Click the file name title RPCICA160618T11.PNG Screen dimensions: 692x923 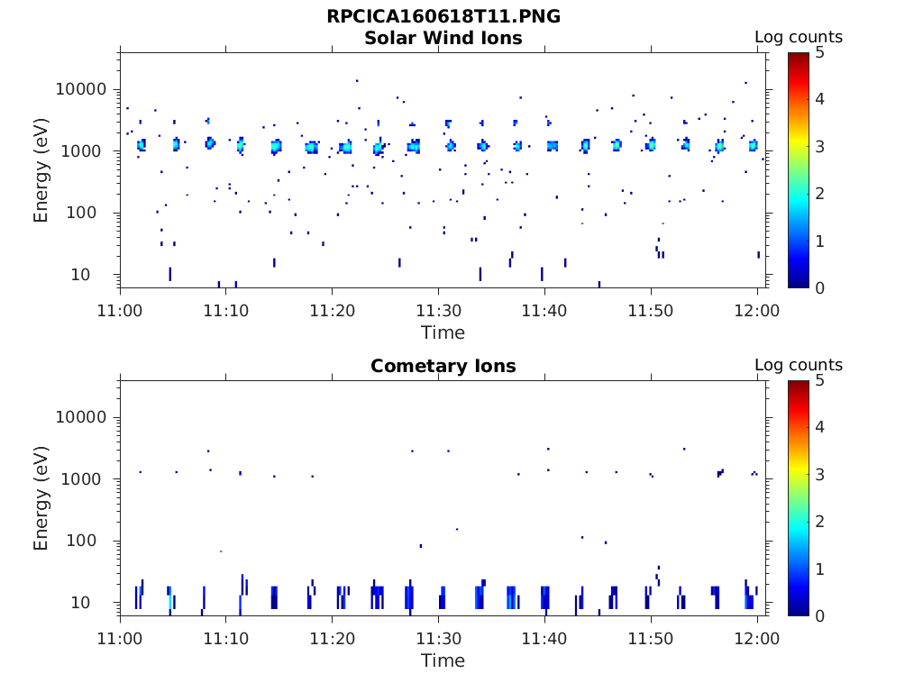tap(443, 17)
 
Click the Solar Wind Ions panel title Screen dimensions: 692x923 tap(443, 38)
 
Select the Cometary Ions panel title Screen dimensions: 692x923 tap(443, 366)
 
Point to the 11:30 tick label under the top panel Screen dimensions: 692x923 tap(438, 311)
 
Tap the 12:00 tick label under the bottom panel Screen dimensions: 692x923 tap(757, 639)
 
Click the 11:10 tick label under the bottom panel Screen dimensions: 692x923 tap(225, 639)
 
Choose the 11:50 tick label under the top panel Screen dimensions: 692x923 tap(651, 311)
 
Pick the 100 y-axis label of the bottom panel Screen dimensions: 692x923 tap(94, 542)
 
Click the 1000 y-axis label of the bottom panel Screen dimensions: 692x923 tap(88, 479)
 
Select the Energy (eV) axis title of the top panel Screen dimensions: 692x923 tap(41, 170)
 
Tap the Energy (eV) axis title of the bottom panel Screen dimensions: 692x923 tap(41, 498)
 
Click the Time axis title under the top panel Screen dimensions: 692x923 tap(443, 332)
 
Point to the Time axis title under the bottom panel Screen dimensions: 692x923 tap(443, 660)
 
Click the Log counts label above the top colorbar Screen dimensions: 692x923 tap(798, 38)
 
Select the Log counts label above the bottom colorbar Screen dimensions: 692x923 tap(798, 366)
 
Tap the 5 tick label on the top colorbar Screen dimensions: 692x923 tap(821, 53)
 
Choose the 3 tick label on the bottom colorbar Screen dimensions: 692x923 tap(821, 474)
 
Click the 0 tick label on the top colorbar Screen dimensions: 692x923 tap(821, 287)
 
